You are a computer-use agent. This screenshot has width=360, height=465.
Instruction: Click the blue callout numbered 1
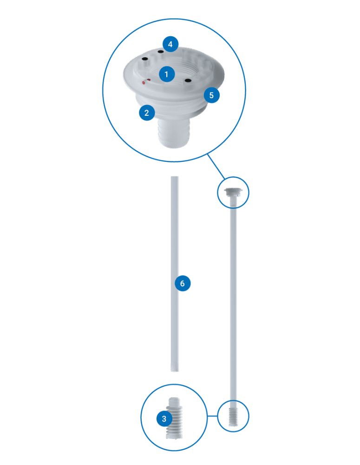tap(166, 74)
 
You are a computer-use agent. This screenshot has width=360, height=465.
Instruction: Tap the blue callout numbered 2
tap(147, 113)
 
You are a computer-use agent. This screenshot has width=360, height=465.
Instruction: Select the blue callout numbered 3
tap(164, 418)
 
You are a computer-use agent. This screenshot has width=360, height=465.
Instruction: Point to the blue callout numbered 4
tap(170, 44)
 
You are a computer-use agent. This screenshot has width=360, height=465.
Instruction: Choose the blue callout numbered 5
tap(211, 95)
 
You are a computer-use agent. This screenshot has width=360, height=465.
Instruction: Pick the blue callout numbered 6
tap(183, 283)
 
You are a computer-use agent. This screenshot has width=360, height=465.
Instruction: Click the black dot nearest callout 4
tap(161, 52)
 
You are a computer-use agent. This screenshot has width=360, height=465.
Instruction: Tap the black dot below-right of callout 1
tap(188, 80)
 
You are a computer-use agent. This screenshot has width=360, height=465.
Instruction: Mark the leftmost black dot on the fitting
tap(145, 59)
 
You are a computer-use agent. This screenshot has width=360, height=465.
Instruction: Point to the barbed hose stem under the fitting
tap(174, 132)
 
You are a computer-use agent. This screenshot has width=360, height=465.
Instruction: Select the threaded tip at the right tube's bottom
tap(233, 417)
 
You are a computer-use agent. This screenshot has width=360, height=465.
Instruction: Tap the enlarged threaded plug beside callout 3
tap(175, 418)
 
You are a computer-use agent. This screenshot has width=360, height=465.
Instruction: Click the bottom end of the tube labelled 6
tap(175, 371)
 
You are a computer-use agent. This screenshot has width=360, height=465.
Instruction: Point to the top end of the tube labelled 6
tap(175, 177)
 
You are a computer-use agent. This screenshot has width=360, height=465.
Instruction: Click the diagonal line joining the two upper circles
tap(216, 166)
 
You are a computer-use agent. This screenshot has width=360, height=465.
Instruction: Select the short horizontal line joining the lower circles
tap(212, 416)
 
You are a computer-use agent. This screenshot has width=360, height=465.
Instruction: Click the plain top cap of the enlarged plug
tap(175, 400)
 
